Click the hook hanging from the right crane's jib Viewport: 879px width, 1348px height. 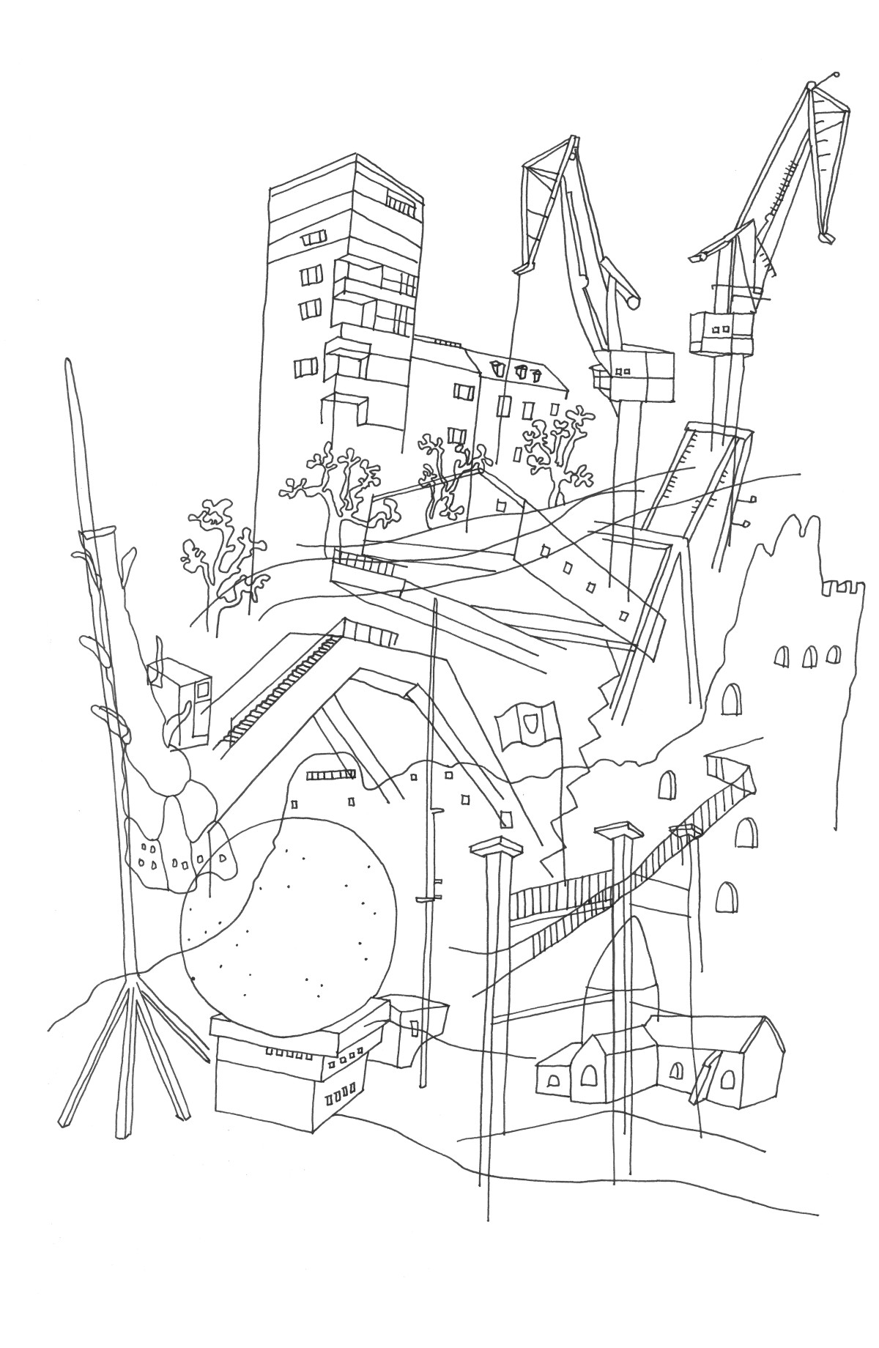(826, 237)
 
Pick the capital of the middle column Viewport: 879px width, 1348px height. (619, 830)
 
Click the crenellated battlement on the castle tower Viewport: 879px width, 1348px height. (842, 586)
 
